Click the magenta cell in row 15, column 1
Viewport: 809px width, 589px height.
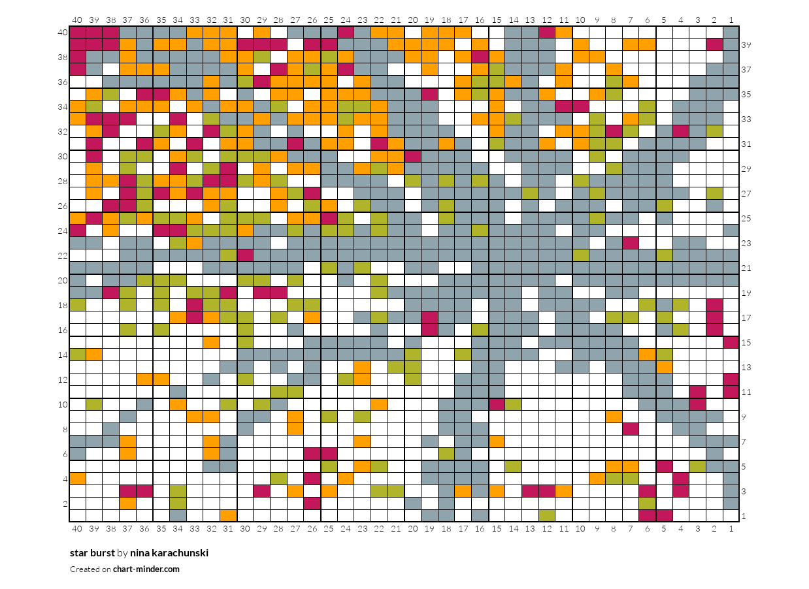coord(731,342)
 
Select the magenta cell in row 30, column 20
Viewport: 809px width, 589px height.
coord(412,156)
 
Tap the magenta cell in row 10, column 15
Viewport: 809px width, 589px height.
coord(496,404)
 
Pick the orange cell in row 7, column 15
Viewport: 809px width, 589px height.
coord(496,441)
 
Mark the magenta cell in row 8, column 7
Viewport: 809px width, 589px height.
coord(630,429)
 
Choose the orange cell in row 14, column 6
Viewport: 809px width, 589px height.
coord(647,355)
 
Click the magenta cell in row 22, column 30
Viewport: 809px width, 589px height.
coord(245,255)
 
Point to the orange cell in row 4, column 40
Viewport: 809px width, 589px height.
coord(78,479)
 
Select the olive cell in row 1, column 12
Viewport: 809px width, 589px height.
coord(546,516)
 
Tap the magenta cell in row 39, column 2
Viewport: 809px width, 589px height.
coord(714,44)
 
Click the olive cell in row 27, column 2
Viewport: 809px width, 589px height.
coord(714,193)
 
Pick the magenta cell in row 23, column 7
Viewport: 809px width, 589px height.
coord(630,243)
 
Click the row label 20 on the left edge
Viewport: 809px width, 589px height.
coord(63,280)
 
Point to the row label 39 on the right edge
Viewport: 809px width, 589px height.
coord(746,44)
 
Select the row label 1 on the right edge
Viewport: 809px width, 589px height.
coord(744,516)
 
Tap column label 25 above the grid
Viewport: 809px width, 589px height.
coord(329,19)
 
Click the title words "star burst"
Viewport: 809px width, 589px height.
coord(92,553)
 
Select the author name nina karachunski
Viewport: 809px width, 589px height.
coord(169,553)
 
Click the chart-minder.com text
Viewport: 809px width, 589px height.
coord(146,569)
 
